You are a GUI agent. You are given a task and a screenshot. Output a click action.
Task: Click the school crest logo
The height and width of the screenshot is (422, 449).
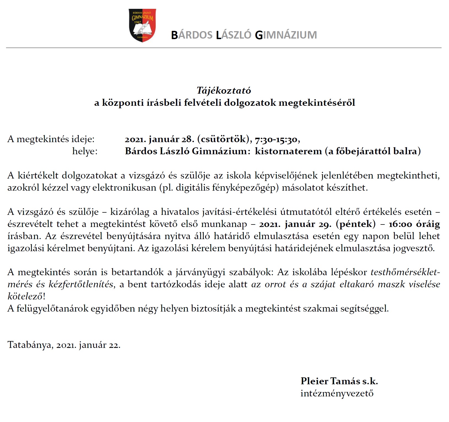pos(142,25)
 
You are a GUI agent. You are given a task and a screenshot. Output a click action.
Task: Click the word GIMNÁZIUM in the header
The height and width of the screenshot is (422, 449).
pos(286,35)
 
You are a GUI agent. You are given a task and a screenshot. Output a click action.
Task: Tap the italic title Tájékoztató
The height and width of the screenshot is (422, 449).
pos(224,90)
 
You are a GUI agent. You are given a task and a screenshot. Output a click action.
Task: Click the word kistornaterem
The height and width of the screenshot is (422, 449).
pos(288,151)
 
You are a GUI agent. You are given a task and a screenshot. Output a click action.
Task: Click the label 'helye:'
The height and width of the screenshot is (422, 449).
pos(85,151)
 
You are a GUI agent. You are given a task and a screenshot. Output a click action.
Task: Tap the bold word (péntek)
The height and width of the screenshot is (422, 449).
pos(356,224)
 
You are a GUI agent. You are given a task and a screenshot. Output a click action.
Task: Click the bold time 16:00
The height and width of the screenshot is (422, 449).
pos(401,224)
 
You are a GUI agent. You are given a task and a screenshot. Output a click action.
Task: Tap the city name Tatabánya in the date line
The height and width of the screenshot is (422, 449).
pos(30,345)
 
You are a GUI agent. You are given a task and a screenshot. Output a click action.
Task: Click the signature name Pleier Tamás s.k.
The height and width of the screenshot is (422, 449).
pos(339,381)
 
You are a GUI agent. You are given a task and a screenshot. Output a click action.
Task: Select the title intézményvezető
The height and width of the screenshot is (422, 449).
pos(337,393)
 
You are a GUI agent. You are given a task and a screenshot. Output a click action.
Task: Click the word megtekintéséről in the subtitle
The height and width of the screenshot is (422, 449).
pos(317,103)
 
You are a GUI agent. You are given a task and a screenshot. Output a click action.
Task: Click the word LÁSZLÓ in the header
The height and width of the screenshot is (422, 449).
pos(234,35)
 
